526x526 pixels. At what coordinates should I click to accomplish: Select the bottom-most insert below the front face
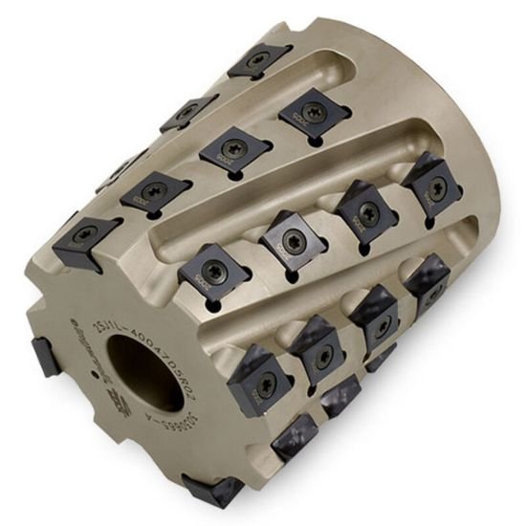coord(212,490)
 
